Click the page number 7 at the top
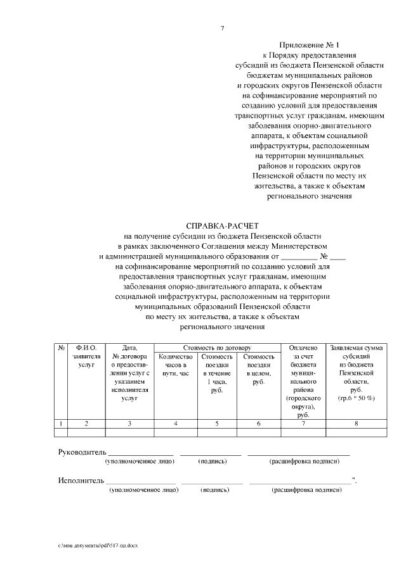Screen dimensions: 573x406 223,28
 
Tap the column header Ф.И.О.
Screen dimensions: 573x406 86,348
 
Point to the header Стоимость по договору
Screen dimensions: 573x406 218,348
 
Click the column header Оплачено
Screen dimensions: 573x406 303,348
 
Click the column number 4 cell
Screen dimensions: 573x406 174,423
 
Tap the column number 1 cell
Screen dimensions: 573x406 61,423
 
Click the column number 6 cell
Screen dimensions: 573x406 258,423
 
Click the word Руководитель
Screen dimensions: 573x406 81,452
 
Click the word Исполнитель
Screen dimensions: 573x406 81,481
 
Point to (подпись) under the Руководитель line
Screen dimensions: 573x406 213,462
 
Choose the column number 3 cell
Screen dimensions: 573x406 129,423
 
